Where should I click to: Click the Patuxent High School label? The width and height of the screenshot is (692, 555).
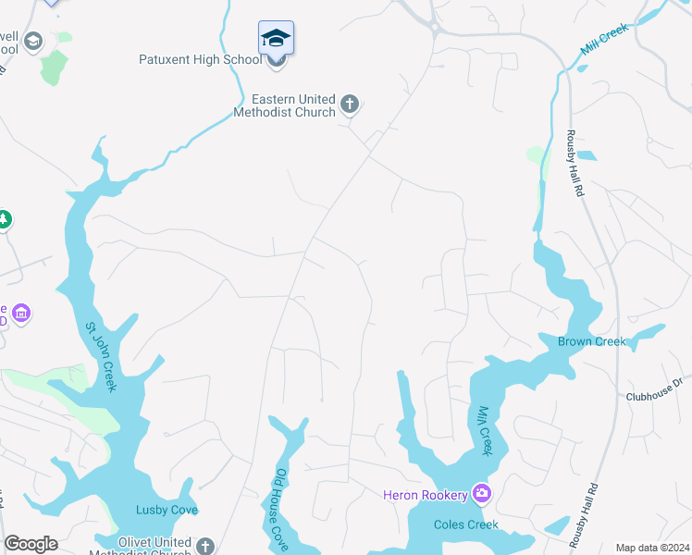[x=200, y=60]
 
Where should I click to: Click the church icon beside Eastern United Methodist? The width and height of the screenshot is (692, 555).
[x=350, y=105]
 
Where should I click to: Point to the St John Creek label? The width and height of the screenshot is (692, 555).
[x=101, y=356]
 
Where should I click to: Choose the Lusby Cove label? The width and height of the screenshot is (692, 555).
[x=167, y=510]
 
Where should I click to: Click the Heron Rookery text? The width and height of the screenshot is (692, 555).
[x=426, y=495]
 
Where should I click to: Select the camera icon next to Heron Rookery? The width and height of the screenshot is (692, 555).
[x=481, y=494]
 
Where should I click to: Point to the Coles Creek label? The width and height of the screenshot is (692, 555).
[x=466, y=524]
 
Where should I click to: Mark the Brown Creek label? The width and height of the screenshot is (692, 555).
[x=591, y=341]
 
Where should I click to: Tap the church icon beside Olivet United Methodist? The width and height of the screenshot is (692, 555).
[x=205, y=547]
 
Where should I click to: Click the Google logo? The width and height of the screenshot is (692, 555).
[x=31, y=544]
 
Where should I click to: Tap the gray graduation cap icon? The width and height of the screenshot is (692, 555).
[x=33, y=42]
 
